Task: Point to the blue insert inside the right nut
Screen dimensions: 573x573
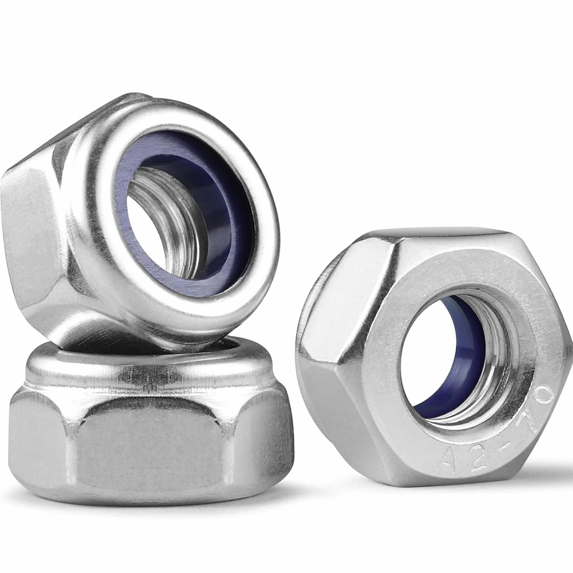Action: click(428, 369)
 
